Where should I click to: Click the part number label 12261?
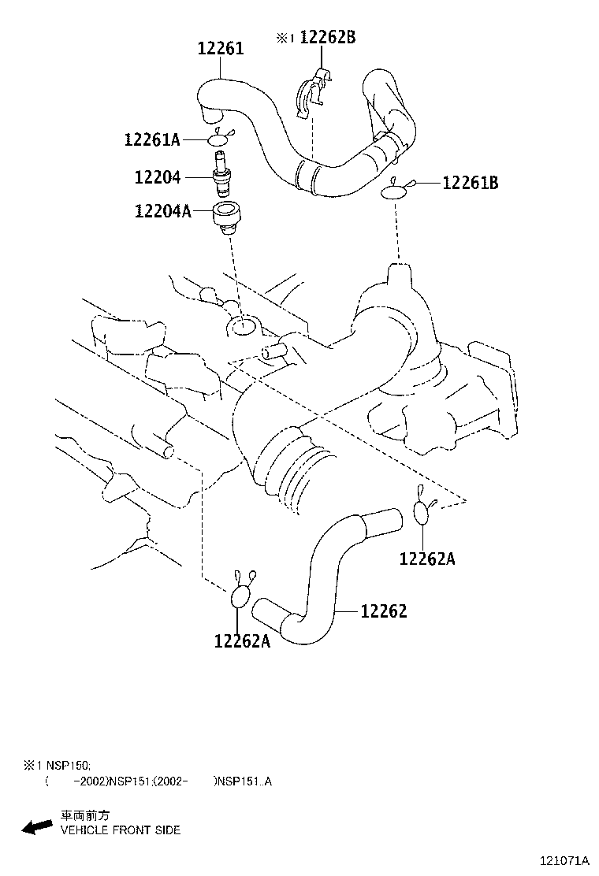221,49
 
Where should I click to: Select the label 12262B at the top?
327,37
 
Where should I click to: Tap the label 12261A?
152,139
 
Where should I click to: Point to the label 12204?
158,178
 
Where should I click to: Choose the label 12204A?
162,211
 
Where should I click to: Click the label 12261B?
471,183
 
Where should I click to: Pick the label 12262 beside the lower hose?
384,611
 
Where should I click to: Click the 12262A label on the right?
427,559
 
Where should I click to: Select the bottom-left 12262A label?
242,641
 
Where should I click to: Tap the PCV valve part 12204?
221,173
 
